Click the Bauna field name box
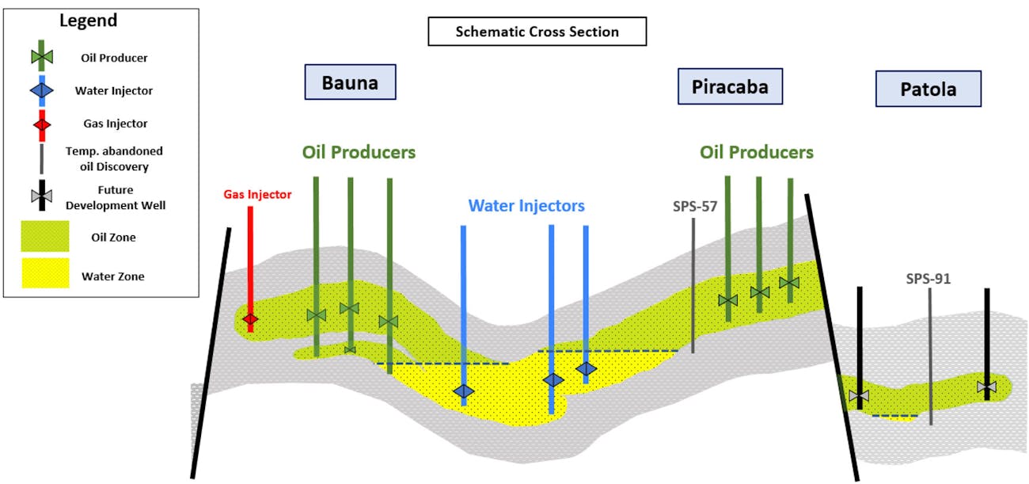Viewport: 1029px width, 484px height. point(350,82)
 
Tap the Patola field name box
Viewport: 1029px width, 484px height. point(928,89)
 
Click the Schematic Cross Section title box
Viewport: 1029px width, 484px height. point(537,32)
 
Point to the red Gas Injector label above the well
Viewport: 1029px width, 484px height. point(257,194)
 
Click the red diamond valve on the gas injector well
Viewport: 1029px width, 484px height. point(250,319)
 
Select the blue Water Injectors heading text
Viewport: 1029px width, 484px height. point(526,206)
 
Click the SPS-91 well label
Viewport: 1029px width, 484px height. point(928,279)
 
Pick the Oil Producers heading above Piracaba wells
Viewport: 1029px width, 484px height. point(756,151)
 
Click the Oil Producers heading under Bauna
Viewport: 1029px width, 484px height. point(359,152)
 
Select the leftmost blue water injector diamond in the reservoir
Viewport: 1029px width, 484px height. point(463,391)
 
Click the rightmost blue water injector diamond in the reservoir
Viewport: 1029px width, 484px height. point(586,368)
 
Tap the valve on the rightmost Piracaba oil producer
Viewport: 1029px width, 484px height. point(789,283)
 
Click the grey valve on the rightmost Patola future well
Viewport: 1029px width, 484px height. point(986,387)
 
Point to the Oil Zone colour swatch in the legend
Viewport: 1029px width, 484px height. point(45,236)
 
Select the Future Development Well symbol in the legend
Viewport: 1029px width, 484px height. point(40,196)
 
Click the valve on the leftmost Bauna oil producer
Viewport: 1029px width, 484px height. point(316,315)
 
